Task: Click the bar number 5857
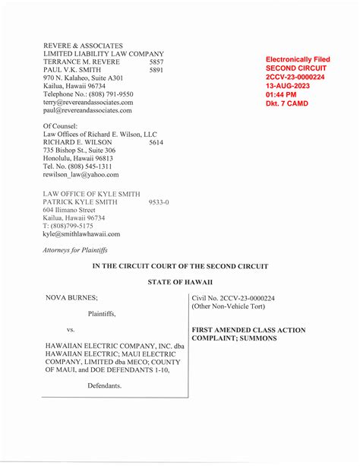pyautogui.click(x=156, y=62)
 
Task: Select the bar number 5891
pyautogui.click(x=156, y=70)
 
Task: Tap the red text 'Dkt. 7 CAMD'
pyautogui.click(x=287, y=103)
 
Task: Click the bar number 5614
pyautogui.click(x=156, y=142)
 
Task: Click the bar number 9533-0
pyautogui.click(x=159, y=203)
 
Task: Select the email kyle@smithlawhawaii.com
pyautogui.click(x=81, y=234)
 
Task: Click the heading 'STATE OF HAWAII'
pyautogui.click(x=179, y=283)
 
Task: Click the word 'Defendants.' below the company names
pyautogui.click(x=104, y=386)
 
